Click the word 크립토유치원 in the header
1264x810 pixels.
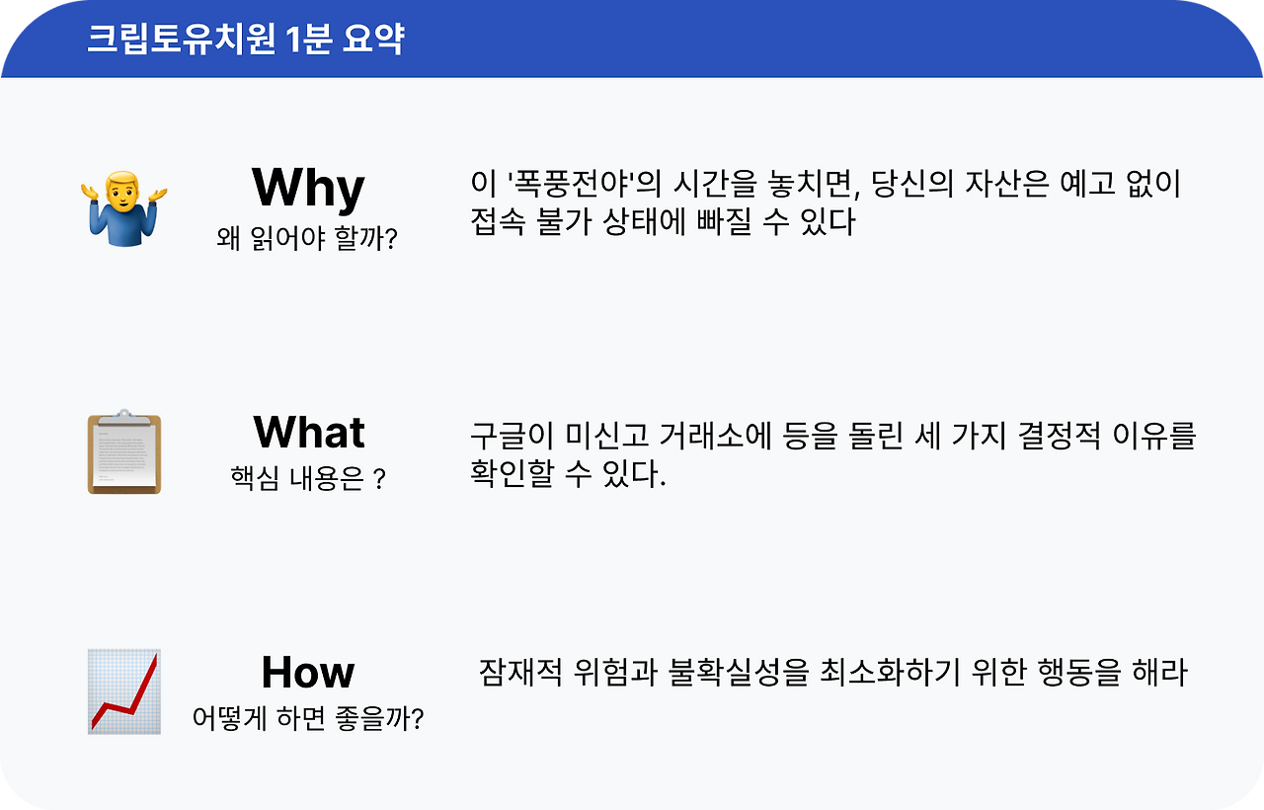(181, 39)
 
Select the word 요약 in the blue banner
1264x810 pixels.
(373, 39)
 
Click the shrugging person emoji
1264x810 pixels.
(124, 208)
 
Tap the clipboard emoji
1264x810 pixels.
(124, 451)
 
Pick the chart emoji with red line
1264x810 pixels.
(124, 691)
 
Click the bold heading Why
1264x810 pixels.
(308, 189)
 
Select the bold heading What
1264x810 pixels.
(309, 433)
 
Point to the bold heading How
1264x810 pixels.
(308, 673)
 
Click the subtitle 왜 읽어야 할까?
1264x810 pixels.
(307, 239)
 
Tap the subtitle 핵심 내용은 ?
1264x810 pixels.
(308, 478)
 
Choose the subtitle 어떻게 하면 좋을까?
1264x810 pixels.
(307, 718)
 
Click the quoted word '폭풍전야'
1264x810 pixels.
(571, 185)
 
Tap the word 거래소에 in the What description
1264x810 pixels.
(715, 436)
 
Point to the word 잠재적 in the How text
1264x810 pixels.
(520, 673)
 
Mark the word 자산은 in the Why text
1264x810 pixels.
(1006, 185)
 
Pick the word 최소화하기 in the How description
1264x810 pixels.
(890, 673)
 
